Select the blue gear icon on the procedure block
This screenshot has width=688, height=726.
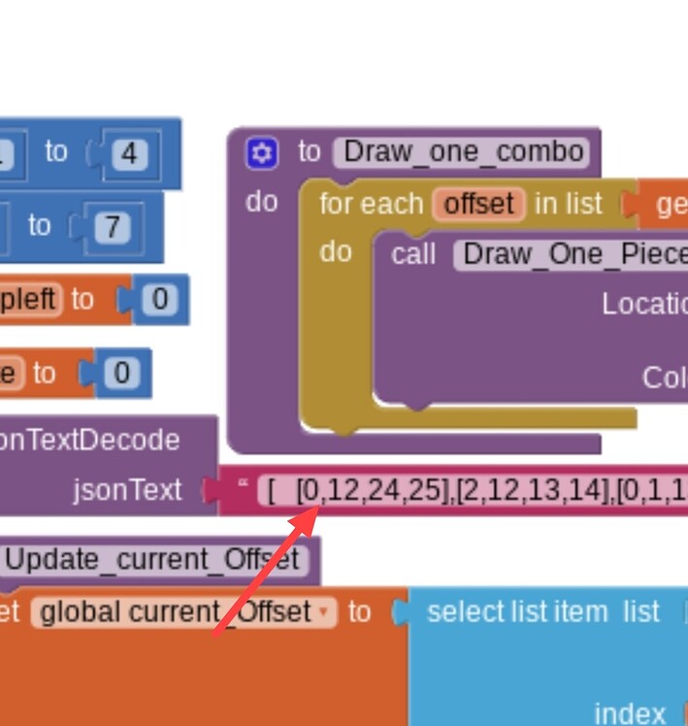click(x=262, y=153)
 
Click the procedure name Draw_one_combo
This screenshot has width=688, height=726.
click(x=463, y=152)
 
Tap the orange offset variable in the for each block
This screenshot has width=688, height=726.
click(x=479, y=205)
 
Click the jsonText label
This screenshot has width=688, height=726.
click(x=127, y=490)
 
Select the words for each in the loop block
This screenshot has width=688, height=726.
click(x=372, y=205)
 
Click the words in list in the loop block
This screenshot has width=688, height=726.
click(x=569, y=205)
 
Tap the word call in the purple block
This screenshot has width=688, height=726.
click(x=413, y=254)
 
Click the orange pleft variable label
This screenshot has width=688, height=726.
click(x=29, y=300)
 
